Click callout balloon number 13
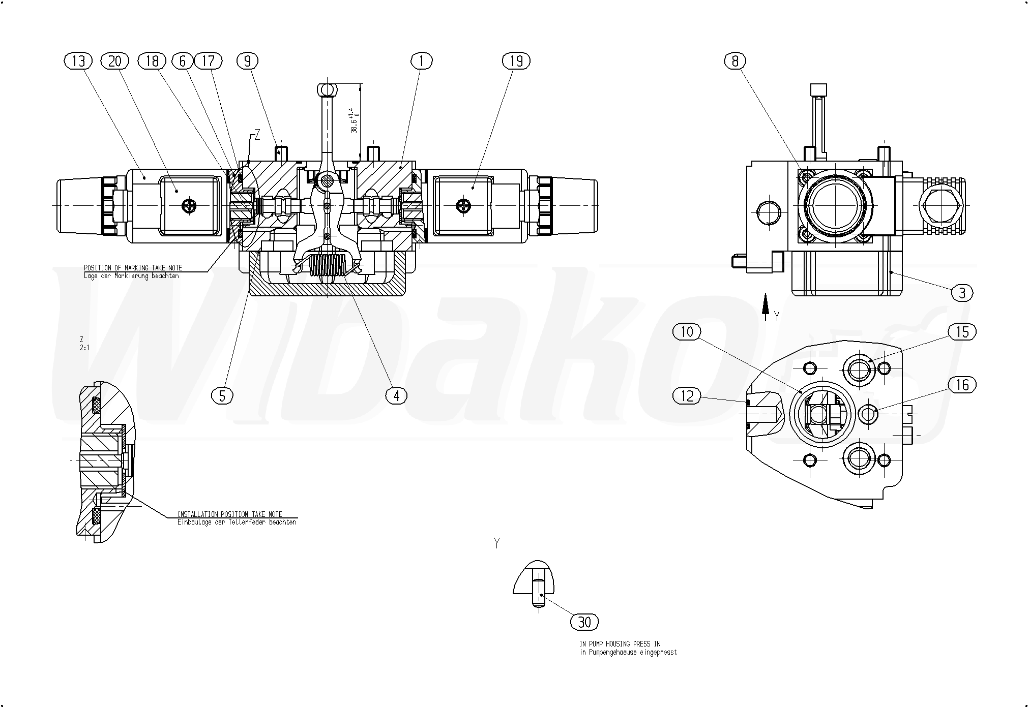coord(78,61)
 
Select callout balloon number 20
coord(115,61)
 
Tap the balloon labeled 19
coord(516,61)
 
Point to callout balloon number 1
coord(421,61)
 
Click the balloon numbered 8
coord(735,61)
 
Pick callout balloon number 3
coord(962,293)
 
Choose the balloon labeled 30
coord(585,622)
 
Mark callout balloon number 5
coord(222,395)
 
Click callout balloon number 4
coord(396,395)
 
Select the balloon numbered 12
coord(687,395)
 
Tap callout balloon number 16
coord(962,385)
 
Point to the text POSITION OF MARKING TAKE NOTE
coord(133,268)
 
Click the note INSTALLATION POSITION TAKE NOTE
coord(229,514)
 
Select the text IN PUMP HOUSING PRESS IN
coord(620,644)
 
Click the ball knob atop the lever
coord(326,90)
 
